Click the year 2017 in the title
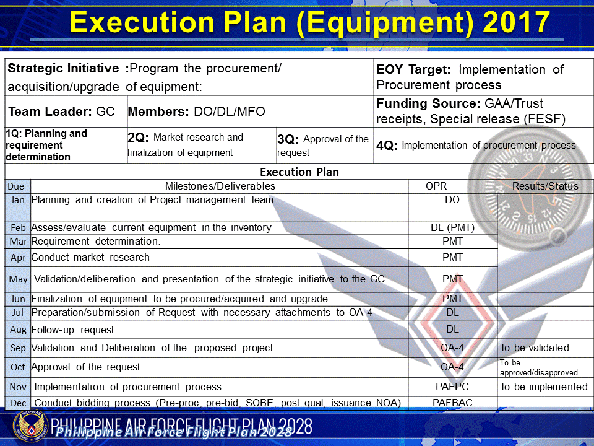coord(517,23)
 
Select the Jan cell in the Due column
coord(17,200)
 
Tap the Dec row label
coord(18,403)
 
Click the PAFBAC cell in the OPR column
coord(452,403)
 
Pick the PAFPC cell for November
coord(452,387)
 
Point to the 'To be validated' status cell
coord(534,348)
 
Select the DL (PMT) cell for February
coord(452,228)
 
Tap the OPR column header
coord(436,186)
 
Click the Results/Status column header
coord(545,186)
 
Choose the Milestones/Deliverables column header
coord(220,186)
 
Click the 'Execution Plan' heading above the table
coord(299,172)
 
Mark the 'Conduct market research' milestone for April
coord(90,257)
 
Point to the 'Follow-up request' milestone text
coord(72,330)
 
